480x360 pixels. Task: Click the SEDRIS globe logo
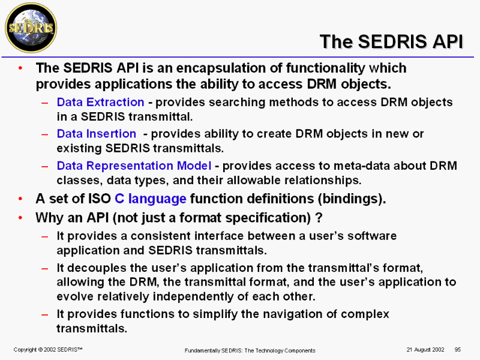[x=31, y=28]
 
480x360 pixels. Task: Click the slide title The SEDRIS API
[x=391, y=41]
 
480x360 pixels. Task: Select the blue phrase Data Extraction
[x=100, y=102]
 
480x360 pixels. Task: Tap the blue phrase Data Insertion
[x=97, y=134]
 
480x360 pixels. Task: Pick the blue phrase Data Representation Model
[x=134, y=166]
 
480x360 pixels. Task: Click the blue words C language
[x=151, y=199]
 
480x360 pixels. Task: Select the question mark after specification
[x=319, y=218]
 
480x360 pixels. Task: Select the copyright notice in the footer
[x=48, y=350]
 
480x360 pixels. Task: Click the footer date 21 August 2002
[x=425, y=350]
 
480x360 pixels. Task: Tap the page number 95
[x=458, y=350]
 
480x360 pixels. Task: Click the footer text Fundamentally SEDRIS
[x=214, y=350]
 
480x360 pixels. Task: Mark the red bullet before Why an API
[x=20, y=218]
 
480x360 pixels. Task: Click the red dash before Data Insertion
[x=44, y=134]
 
